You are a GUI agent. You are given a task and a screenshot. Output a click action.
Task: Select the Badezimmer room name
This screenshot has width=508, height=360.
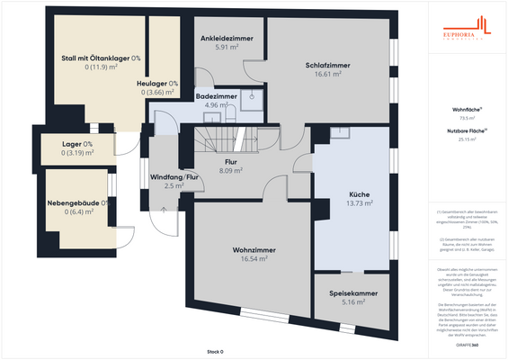[x=216, y=95]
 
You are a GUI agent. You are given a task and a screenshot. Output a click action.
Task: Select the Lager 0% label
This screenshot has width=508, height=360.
[x=76, y=145]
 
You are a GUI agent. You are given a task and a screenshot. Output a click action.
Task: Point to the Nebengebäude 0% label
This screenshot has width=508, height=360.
[x=76, y=202]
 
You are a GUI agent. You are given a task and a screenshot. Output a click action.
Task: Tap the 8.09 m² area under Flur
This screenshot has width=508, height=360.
[x=231, y=170]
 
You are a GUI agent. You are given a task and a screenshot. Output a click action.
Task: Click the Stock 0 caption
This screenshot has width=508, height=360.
[x=214, y=351]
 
